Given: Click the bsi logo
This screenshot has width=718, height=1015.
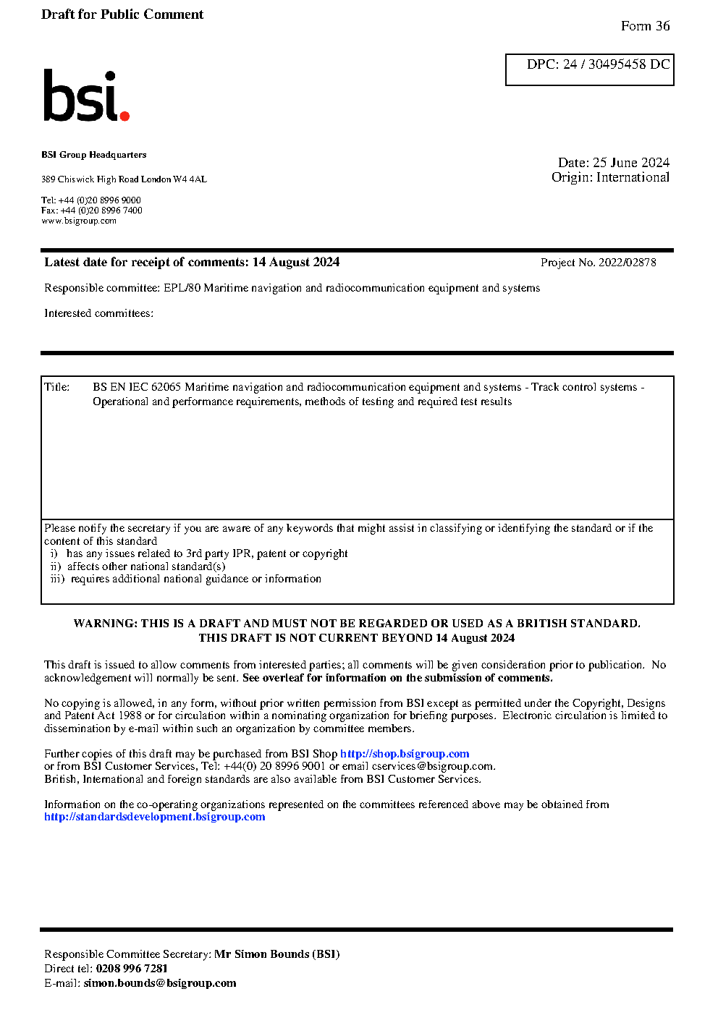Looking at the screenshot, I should click(x=85, y=95).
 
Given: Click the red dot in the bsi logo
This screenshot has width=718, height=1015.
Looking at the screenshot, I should click(x=124, y=115).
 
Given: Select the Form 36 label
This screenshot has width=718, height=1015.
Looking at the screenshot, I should click(x=645, y=26).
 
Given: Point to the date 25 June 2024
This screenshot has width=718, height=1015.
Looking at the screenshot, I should click(x=630, y=163).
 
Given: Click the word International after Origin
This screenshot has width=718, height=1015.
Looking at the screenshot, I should click(x=633, y=177).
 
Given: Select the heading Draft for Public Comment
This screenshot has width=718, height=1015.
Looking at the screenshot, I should click(x=122, y=14).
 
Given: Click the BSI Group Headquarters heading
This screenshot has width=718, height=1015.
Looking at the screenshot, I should click(x=93, y=155).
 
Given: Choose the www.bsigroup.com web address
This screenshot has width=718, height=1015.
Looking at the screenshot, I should click(x=79, y=221).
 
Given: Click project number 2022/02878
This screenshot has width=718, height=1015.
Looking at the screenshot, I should click(x=627, y=263).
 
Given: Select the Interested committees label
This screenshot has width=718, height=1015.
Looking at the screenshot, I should click(x=98, y=313).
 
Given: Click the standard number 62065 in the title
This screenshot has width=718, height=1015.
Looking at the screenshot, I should click(x=166, y=387).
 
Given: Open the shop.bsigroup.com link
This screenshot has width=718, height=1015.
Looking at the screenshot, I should click(x=405, y=754).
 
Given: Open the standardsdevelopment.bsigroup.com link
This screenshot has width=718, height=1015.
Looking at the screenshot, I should click(x=154, y=817).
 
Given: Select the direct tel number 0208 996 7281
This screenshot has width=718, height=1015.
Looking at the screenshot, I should click(x=132, y=969).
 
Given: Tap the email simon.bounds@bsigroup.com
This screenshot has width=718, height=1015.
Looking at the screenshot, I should click(x=160, y=983).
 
